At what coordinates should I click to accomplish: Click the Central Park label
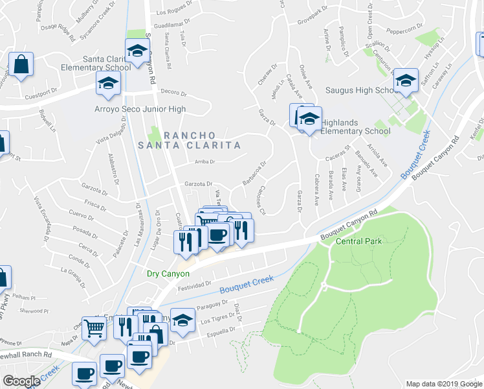[359, 241]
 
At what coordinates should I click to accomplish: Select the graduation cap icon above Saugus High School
[406, 81]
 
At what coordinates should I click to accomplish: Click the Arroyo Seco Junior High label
[140, 109]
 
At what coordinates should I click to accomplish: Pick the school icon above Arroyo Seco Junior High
[108, 83]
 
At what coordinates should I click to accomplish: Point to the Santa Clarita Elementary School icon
[137, 52]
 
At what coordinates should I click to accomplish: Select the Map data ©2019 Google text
[444, 383]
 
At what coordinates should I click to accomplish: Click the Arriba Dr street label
[204, 161]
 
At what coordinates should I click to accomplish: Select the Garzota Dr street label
[199, 184]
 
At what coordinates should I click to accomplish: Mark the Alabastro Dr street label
[113, 166]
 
